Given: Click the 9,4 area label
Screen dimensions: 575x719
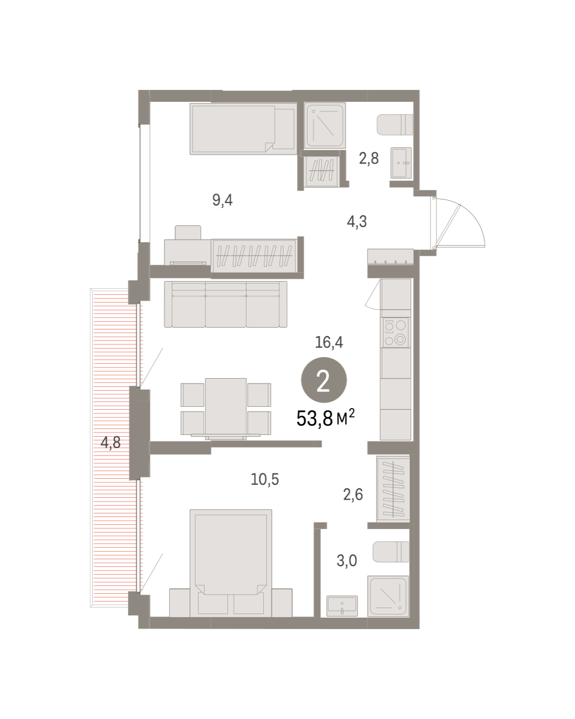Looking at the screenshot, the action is pos(222,200).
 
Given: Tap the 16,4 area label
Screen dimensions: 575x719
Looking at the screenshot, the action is pos(329,343).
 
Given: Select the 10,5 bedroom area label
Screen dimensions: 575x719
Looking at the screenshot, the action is pos(265,479).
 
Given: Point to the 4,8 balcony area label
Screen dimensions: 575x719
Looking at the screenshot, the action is pos(111,443).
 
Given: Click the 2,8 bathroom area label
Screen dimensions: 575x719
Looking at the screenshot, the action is pos(368,158).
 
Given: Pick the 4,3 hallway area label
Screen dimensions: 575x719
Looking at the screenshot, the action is pos(357,222).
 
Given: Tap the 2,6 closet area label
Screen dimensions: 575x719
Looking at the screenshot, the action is pos(353,494).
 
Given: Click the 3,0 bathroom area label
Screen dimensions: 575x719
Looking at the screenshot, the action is pos(347,561).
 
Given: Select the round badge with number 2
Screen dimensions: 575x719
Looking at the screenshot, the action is pos(324,380).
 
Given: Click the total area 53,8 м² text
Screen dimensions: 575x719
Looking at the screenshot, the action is pos(325,418).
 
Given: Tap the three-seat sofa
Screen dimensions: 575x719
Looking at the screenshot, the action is pos(226,304).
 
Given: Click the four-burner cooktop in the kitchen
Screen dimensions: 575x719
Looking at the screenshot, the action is pos(395,333).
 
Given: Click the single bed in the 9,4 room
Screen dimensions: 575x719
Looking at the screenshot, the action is pos(243,129).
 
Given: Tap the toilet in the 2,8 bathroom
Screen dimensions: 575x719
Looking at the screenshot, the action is pos(395,125).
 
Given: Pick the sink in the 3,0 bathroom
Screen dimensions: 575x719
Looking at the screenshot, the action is pos(342,606).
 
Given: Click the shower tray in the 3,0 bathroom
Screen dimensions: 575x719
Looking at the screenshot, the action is pos(388,596).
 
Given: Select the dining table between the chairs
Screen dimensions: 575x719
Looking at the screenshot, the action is pos(226,407).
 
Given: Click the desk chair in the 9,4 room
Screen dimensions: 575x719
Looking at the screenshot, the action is pos(187,232).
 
